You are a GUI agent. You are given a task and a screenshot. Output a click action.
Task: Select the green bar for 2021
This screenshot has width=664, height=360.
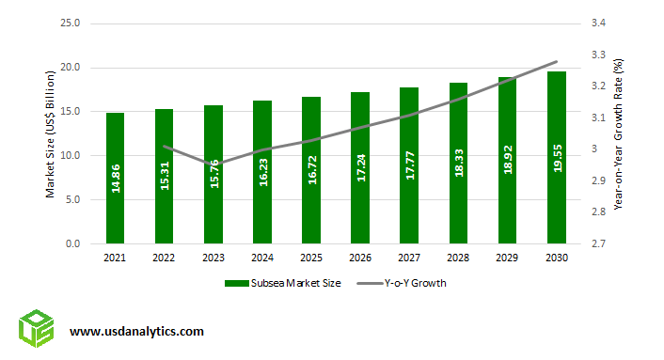click(x=115, y=179)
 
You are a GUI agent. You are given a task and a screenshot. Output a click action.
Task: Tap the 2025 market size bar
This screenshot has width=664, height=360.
click(x=310, y=170)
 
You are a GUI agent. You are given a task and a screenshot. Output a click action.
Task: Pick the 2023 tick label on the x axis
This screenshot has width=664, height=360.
click(x=213, y=258)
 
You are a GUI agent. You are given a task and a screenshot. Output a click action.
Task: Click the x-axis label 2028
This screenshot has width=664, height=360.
click(x=458, y=258)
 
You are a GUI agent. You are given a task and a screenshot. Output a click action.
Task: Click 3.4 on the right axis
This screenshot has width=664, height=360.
click(x=597, y=23)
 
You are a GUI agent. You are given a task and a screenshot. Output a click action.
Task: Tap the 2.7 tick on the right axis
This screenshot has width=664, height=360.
click(x=597, y=243)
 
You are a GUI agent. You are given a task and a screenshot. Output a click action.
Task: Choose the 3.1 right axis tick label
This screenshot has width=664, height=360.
click(x=597, y=117)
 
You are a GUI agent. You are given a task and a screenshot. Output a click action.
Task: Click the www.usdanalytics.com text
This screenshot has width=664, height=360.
click(x=136, y=331)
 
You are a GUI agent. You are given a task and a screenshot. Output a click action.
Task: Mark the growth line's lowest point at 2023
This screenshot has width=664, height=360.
click(x=213, y=164)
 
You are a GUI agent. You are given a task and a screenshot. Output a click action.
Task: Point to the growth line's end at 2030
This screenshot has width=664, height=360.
click(x=557, y=62)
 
